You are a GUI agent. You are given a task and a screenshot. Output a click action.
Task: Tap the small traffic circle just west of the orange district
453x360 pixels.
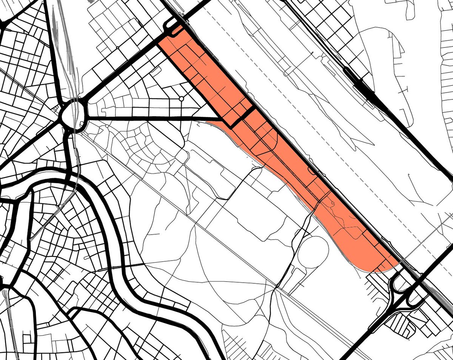click(182, 99)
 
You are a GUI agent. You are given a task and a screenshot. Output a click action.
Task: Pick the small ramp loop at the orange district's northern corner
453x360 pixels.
click(173, 32)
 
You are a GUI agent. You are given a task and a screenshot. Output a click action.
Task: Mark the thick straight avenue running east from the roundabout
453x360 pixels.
click(151, 118)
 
